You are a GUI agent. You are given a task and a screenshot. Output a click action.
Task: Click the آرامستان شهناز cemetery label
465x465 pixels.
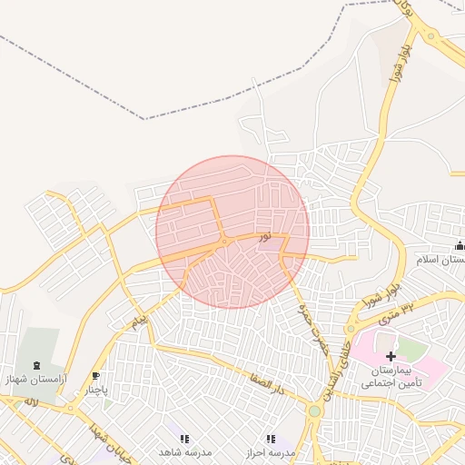tap(35, 378)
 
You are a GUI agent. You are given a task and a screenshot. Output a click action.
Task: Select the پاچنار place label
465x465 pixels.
tap(96, 390)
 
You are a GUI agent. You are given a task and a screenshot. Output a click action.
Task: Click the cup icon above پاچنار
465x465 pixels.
tap(96, 376)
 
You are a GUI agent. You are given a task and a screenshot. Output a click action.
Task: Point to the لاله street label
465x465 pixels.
tap(30, 401)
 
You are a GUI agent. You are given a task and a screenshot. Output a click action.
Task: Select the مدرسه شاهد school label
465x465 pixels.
tap(184, 451)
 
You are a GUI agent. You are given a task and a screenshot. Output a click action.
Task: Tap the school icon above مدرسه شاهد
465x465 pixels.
tap(184, 439)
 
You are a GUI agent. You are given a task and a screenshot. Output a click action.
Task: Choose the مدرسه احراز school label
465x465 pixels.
tap(270, 451)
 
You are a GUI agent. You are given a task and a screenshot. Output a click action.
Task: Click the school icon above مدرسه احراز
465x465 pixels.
tap(270, 439)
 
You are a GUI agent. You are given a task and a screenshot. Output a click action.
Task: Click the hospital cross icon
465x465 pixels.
tap(391, 357)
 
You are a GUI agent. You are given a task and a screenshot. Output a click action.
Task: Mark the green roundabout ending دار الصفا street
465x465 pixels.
tap(314, 411)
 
